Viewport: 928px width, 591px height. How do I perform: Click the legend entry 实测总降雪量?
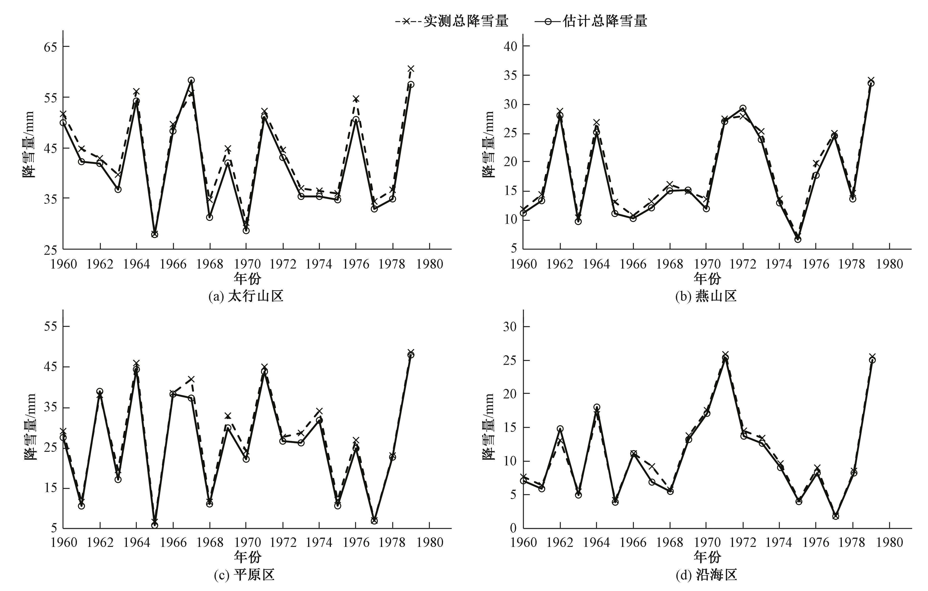(452, 21)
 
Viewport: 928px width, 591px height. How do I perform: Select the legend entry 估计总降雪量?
(591, 21)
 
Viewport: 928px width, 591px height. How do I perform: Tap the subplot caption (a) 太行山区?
(246, 296)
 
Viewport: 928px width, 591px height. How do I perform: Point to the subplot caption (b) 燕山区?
(706, 296)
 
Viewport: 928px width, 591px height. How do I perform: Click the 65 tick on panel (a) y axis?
(50, 47)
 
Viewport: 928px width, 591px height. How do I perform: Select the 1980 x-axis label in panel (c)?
(430, 542)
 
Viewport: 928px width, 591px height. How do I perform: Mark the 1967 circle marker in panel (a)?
(191, 81)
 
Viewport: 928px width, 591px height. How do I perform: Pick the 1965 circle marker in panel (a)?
(155, 234)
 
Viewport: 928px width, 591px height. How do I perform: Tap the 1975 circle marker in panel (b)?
(798, 239)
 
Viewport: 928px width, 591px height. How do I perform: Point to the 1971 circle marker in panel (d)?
(725, 358)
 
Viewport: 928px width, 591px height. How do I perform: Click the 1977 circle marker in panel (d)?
(835, 516)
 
